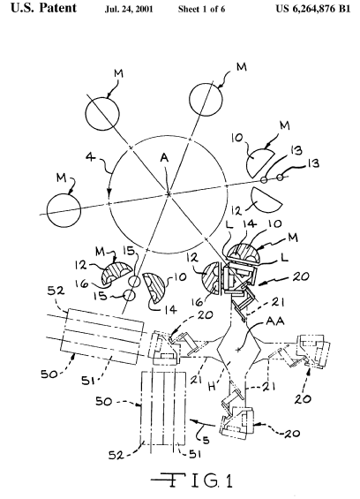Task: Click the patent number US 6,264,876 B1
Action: coord(313,9)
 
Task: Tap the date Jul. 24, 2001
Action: coord(129,9)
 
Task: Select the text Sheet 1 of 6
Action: coord(201,9)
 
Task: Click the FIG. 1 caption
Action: coord(192,480)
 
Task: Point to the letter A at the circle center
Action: coord(164,157)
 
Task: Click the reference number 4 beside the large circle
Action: coord(91,157)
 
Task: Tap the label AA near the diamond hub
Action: coord(275,321)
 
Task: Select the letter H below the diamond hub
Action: coord(212,387)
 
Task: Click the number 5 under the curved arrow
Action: coord(206,441)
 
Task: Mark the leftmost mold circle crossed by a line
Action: coord(64,210)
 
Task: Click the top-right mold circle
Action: coord(206,99)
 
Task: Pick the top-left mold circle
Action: coord(102,113)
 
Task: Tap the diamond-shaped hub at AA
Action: coord(238,350)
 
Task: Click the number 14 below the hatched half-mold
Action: coord(171,309)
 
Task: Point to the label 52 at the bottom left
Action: coord(116,456)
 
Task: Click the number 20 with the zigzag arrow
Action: coord(300,276)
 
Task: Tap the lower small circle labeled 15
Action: coord(129,295)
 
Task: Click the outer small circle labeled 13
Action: coord(280,177)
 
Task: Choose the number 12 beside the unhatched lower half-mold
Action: coord(236,210)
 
